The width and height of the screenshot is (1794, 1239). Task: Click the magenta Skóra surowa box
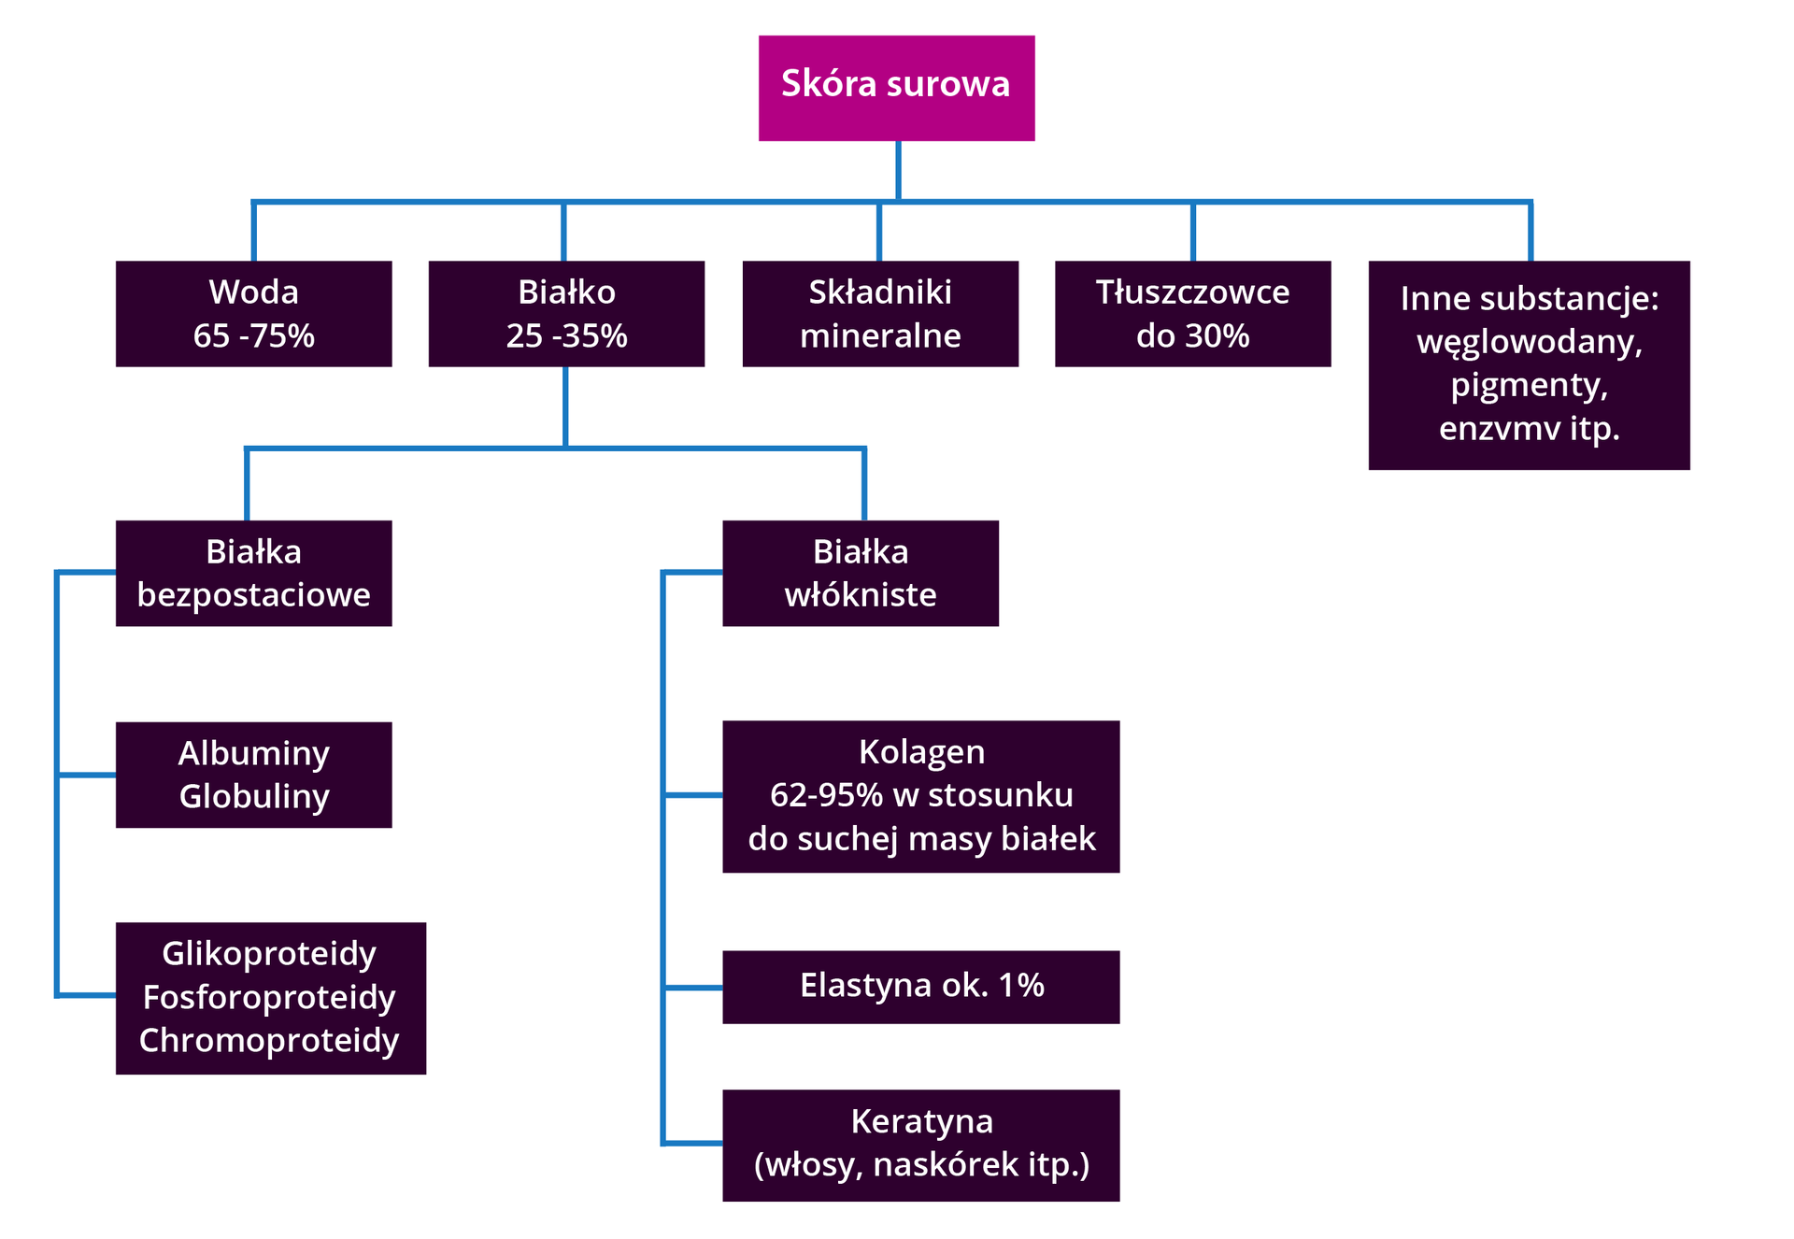click(896, 88)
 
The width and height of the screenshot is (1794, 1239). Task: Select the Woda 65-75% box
click(253, 314)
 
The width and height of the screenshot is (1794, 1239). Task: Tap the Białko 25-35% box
click(566, 314)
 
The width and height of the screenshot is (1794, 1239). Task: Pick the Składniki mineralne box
click(880, 314)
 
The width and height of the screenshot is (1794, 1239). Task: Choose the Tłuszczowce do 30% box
click(1192, 314)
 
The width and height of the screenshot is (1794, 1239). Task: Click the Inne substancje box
click(1529, 364)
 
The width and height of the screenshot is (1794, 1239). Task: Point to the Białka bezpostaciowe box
click(253, 573)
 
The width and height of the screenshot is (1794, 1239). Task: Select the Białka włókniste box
click(861, 573)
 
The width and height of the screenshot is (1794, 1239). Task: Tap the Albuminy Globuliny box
click(253, 775)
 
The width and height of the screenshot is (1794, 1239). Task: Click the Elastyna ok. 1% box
click(920, 987)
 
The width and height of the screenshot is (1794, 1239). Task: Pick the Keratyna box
click(920, 1145)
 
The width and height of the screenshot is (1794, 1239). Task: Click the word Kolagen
click(921, 752)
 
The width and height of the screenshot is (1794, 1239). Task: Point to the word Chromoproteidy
click(269, 1040)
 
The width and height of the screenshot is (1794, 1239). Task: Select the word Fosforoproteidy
click(269, 997)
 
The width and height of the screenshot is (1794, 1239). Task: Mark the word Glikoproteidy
click(269, 954)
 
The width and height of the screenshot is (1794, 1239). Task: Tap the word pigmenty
click(1529, 386)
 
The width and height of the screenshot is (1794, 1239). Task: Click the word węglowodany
click(1529, 342)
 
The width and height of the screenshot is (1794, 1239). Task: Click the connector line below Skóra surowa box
click(898, 170)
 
